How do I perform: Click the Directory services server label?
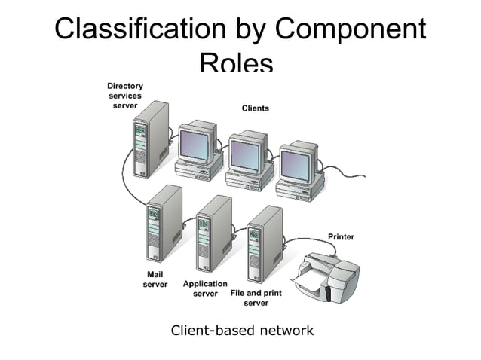[124, 96]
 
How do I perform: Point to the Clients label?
[255, 108]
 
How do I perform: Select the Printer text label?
[340, 237]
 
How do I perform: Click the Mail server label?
[155, 279]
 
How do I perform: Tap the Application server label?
[205, 288]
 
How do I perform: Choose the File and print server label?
[256, 297]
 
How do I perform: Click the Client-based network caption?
[242, 330]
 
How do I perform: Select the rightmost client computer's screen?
[295, 164]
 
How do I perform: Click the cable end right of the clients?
[364, 178]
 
